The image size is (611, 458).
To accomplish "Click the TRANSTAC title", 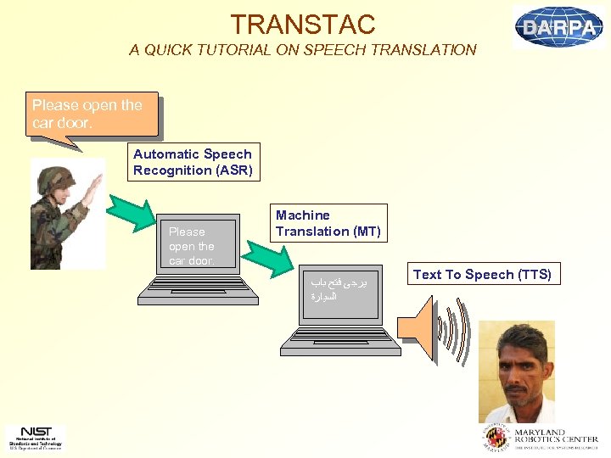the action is (303, 24).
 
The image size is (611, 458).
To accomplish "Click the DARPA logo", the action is (558, 26).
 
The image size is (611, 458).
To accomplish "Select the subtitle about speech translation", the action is (303, 50).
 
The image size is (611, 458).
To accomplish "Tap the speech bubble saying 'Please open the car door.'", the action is (92, 114).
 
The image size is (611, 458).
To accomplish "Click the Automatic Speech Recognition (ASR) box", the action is (193, 162).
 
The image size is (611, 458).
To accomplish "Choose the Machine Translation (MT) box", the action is (328, 223).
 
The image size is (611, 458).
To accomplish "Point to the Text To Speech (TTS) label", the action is (482, 274).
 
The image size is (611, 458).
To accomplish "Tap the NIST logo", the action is (35, 436).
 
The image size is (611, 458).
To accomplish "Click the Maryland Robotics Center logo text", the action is (542, 437).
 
